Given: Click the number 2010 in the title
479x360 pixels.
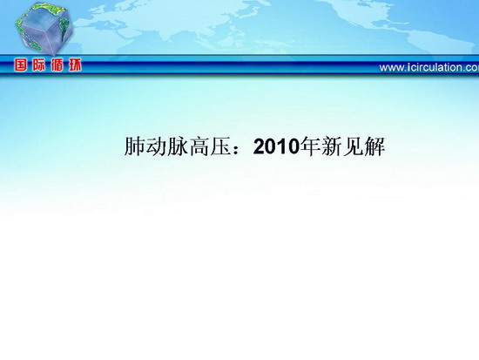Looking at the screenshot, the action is coord(276,147).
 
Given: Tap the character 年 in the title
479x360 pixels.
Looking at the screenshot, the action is coord(309,146).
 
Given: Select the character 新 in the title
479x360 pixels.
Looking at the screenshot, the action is coord(331,146).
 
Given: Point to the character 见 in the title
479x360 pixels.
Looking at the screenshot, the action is coord(353,146).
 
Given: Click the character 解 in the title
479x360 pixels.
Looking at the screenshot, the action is coord(374,146).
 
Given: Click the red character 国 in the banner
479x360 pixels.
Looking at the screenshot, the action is coord(20,65).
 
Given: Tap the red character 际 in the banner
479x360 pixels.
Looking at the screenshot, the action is coord(38,65).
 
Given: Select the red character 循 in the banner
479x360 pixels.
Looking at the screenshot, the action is coord(57,65).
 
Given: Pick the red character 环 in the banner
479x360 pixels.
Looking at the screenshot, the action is coord(75,65).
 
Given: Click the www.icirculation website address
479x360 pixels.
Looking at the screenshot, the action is coord(429,68).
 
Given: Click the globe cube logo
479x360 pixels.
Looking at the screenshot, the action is coord(44,29).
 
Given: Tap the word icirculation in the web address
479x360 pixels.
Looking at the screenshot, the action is coord(435,68).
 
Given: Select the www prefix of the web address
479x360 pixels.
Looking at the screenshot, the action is coord(391,69).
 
